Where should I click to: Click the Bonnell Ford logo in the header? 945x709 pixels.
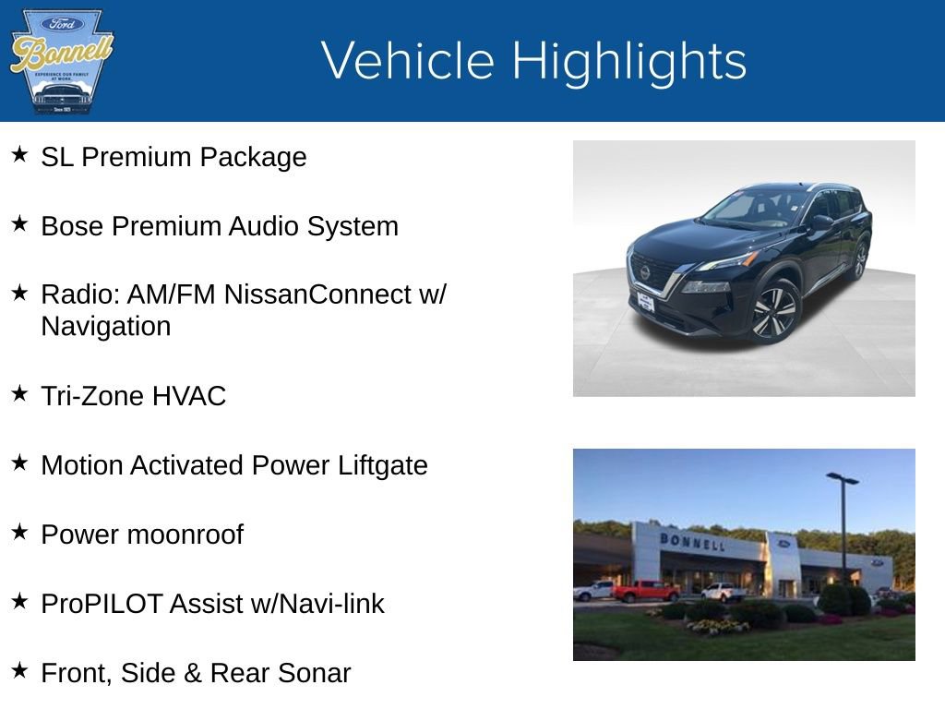[61, 61]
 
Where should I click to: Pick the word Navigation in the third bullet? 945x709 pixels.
[105, 327]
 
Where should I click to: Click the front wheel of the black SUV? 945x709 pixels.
[773, 312]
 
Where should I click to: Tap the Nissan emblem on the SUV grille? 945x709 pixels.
[644, 272]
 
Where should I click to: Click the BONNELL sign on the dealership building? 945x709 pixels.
[691, 542]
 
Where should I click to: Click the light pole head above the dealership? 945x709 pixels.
[842, 478]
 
